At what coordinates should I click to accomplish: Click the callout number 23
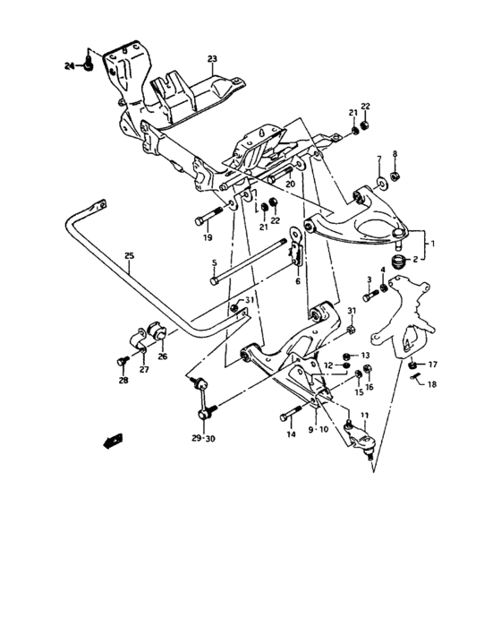(x=211, y=60)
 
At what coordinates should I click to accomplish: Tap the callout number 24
(x=69, y=66)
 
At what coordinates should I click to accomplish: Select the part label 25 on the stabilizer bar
(x=129, y=256)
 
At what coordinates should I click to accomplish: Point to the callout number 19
(x=207, y=238)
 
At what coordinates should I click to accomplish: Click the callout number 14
(x=290, y=434)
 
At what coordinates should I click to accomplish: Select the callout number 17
(x=432, y=364)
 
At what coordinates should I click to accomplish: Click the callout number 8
(x=395, y=153)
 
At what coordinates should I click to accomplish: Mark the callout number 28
(x=123, y=380)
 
